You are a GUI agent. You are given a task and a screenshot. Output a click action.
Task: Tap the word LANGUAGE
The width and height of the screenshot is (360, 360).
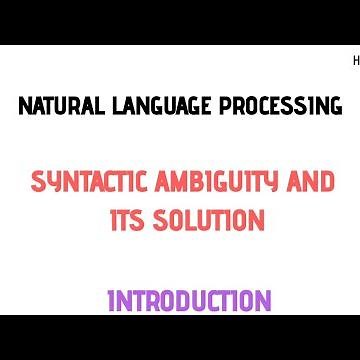pos(157,106)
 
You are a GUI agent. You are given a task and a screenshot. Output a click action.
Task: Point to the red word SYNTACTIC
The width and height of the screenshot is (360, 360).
pos(91,182)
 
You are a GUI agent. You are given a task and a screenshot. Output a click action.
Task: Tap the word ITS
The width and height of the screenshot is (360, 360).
pos(127,219)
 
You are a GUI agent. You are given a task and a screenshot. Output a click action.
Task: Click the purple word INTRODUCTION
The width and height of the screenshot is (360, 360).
pos(189,300)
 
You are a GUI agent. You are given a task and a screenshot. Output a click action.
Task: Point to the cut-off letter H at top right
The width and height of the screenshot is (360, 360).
pos(356,61)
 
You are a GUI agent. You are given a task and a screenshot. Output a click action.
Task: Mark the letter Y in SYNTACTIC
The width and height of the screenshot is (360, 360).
pos(53,182)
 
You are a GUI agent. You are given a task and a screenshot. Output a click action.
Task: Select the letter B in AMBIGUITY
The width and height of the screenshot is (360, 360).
pos(199,182)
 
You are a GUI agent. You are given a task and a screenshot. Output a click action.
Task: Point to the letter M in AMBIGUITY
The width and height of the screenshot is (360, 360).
pos(181,182)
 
